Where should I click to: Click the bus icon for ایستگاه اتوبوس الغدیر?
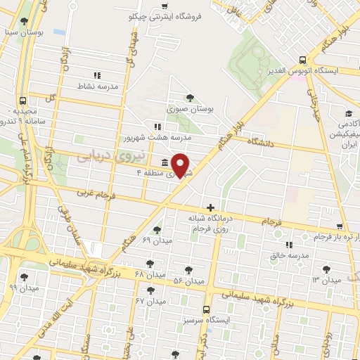302,60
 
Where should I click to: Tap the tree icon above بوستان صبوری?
189,98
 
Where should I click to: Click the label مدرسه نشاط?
97,86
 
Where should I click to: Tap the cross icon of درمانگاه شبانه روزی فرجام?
210,207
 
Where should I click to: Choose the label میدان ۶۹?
156,240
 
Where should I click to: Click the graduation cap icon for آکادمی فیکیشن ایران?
348,114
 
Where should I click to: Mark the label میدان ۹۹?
22,288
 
